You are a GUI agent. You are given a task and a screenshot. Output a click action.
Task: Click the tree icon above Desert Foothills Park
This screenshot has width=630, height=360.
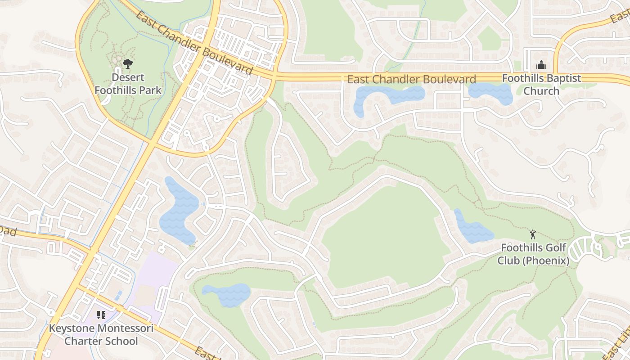tap(128, 64)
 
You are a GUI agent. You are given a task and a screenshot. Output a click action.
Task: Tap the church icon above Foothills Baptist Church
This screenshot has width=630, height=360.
tap(541, 65)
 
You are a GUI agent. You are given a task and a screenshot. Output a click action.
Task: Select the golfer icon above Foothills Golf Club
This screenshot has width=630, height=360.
tap(533, 234)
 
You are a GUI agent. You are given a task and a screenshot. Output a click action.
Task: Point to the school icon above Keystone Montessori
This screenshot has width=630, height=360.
tap(101, 315)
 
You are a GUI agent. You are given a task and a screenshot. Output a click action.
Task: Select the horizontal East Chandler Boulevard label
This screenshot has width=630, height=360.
tap(411, 80)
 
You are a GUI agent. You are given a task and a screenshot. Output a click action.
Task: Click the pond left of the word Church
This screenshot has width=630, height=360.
tap(490, 93)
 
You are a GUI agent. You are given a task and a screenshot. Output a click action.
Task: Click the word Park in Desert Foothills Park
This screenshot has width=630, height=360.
tap(151, 90)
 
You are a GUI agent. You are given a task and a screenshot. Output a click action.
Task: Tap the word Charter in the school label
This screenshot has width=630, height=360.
tap(83, 341)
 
